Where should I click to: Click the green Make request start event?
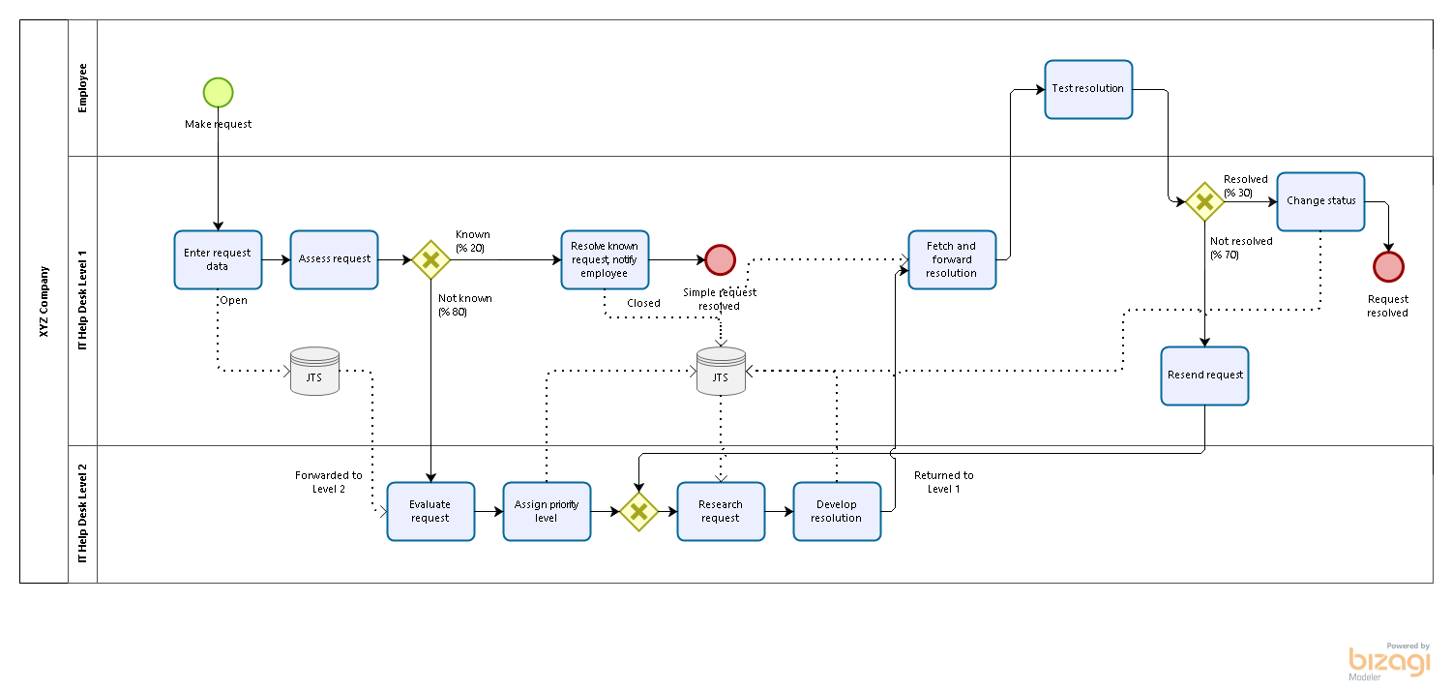pyautogui.click(x=218, y=92)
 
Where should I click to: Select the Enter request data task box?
pyautogui.click(x=218, y=259)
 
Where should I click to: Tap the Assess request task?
pyautogui.click(x=334, y=259)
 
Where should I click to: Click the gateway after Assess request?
pyautogui.click(x=430, y=259)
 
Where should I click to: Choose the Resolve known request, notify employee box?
pyautogui.click(x=605, y=259)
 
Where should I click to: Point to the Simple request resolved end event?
pyautogui.click(x=720, y=259)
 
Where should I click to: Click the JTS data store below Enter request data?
pyautogui.click(x=314, y=372)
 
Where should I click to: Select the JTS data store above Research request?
pyautogui.click(x=721, y=372)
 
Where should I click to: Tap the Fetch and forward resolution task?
pyautogui.click(x=952, y=259)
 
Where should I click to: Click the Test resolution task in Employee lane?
pyautogui.click(x=1088, y=89)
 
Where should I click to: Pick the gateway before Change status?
pyautogui.click(x=1204, y=201)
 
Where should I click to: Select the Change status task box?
pyautogui.click(x=1320, y=201)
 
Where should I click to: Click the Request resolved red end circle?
pyautogui.click(x=1388, y=266)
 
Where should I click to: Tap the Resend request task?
pyautogui.click(x=1204, y=376)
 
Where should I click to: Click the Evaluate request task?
pyautogui.click(x=430, y=511)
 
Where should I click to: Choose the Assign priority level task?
pyautogui.click(x=547, y=511)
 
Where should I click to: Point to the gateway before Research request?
pyautogui.click(x=638, y=511)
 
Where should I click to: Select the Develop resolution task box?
pyautogui.click(x=837, y=511)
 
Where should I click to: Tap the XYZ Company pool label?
pyautogui.click(x=44, y=301)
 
